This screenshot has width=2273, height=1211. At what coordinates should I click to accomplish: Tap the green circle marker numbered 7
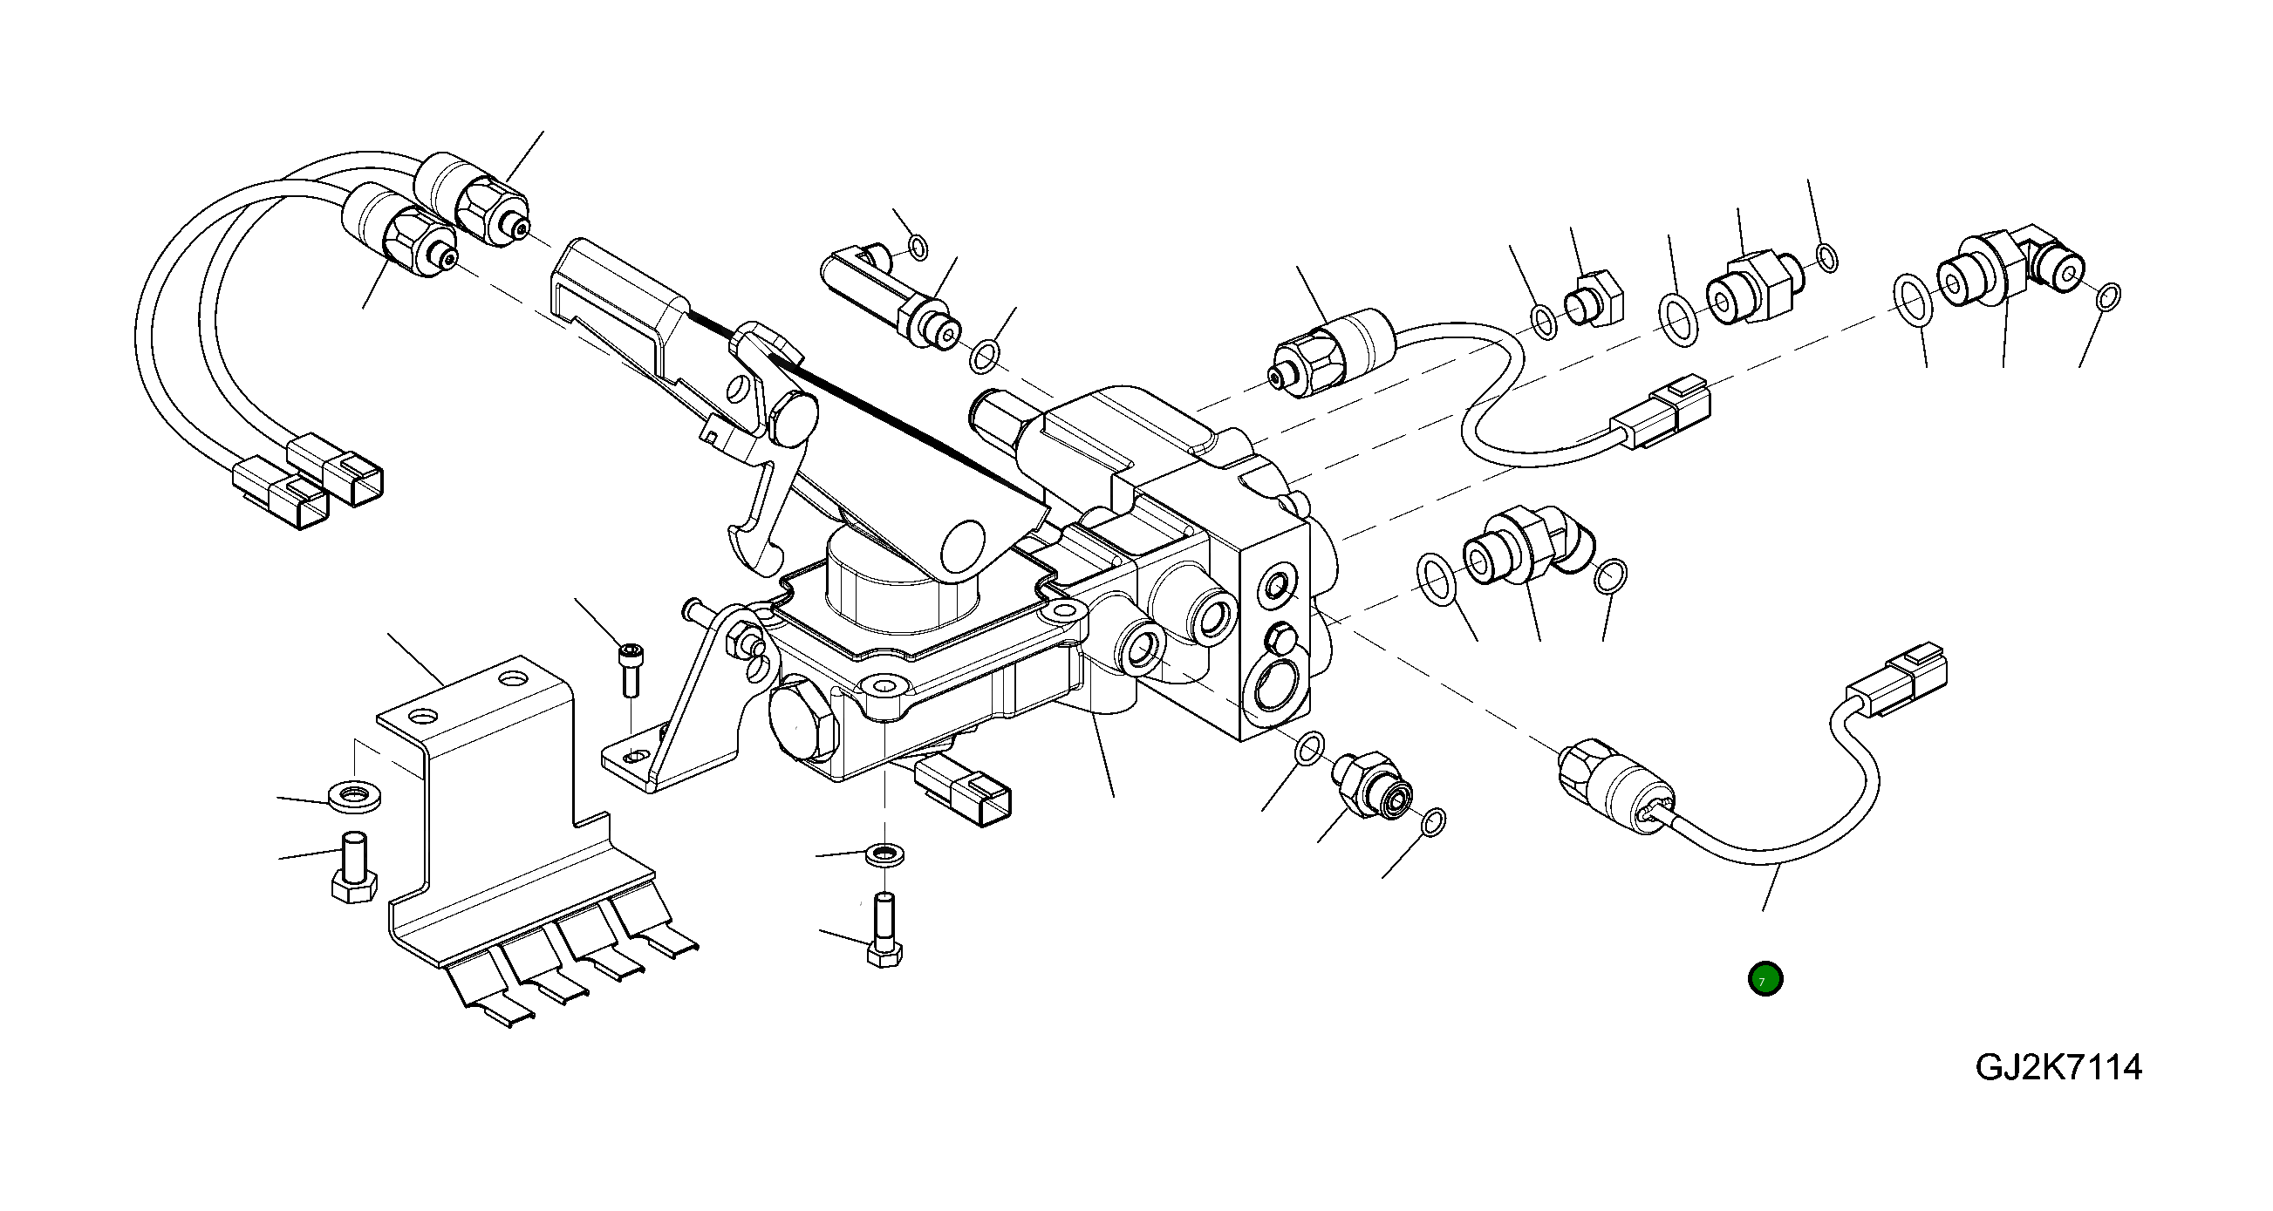[1764, 979]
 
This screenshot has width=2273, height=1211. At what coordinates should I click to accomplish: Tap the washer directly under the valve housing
[883, 853]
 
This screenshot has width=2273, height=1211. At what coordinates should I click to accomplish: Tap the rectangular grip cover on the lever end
[618, 296]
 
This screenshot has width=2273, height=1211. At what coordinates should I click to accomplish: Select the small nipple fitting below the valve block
[1372, 783]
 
